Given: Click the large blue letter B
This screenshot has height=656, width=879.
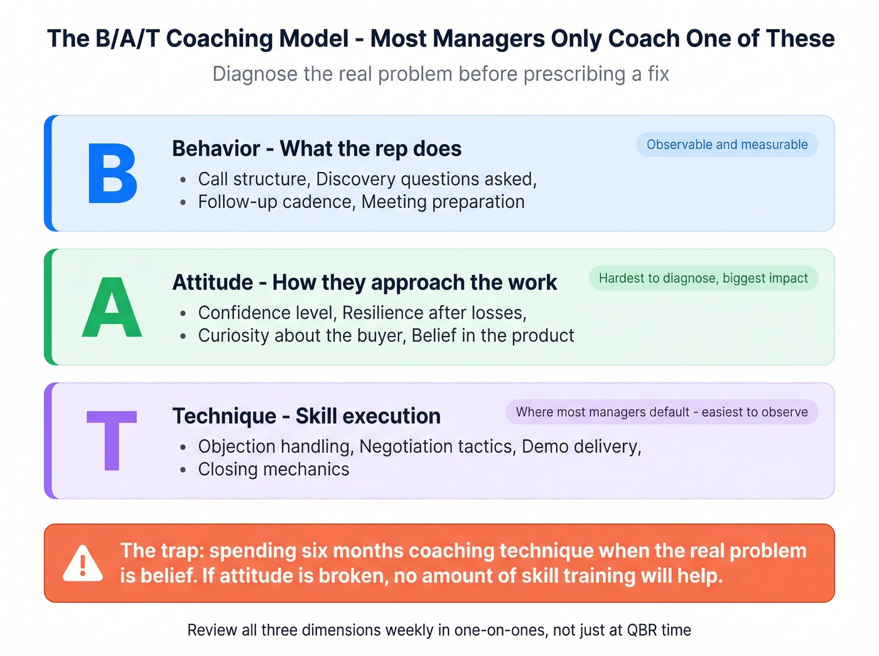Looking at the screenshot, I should (x=112, y=173).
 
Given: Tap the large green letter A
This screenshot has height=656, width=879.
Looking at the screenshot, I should (x=112, y=308).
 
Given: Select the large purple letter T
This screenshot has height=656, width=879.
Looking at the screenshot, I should (x=112, y=440).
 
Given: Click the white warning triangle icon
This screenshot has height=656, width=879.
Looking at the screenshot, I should (x=83, y=563).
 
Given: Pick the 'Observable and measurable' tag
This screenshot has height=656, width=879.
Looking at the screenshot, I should (x=727, y=144).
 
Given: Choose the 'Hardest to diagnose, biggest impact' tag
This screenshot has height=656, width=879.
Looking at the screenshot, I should (x=703, y=278).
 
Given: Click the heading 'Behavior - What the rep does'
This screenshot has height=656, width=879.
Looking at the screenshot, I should (x=316, y=149).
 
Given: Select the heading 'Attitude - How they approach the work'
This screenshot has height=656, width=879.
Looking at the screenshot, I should (x=364, y=282).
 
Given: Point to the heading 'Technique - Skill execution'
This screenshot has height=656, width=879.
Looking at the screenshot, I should (x=306, y=416).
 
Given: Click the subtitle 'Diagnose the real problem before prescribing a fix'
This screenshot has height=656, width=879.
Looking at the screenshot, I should (x=441, y=74).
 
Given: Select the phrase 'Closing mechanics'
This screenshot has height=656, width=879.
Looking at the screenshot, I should (x=274, y=470).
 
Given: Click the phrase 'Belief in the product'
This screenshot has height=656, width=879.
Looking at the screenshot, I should (x=493, y=336).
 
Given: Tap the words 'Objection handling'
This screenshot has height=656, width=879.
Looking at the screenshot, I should (x=275, y=446).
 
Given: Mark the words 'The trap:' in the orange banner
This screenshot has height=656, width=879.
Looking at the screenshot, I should (x=161, y=551).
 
